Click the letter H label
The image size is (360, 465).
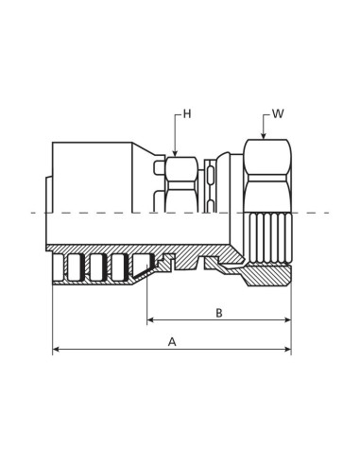(x=187, y=114)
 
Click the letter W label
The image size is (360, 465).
(x=278, y=113)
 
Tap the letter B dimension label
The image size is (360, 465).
(x=219, y=313)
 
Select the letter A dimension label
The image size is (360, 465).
(x=172, y=342)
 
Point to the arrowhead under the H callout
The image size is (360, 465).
(x=175, y=153)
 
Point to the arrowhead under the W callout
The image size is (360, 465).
(x=264, y=136)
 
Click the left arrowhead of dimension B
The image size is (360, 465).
(x=151, y=320)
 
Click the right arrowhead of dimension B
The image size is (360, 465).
(x=287, y=320)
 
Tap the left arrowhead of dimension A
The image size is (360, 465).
(x=57, y=349)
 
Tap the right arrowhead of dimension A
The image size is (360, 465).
(x=287, y=349)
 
